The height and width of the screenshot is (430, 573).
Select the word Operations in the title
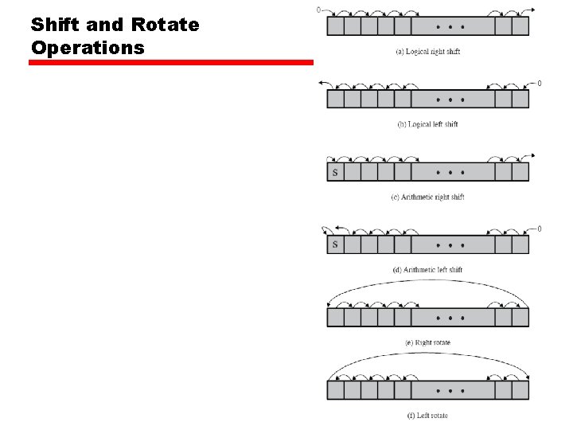tap(88, 47)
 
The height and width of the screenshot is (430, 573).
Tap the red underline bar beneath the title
tap(171, 62)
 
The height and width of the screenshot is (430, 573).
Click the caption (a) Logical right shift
tap(428, 52)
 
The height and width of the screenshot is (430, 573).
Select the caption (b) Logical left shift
tap(428, 124)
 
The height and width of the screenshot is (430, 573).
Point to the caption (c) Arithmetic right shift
tap(428, 197)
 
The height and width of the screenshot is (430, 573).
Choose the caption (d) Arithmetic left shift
tap(428, 270)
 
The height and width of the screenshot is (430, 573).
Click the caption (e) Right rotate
tap(428, 342)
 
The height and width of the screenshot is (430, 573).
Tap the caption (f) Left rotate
tap(428, 415)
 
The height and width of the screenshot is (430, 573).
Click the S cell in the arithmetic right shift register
tap(335, 172)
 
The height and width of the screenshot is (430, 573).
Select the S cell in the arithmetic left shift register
tap(335, 244)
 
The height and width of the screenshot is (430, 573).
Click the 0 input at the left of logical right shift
tap(319, 10)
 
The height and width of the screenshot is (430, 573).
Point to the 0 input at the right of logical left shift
tap(540, 83)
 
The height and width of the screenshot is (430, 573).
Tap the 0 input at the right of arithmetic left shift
tap(540, 229)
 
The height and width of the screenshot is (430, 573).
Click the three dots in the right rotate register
tap(450, 318)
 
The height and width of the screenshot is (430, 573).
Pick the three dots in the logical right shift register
tap(450, 26)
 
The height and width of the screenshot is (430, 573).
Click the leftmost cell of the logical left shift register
tap(335, 99)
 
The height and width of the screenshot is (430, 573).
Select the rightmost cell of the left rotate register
tap(520, 390)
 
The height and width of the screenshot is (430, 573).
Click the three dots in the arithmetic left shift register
tap(450, 244)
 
